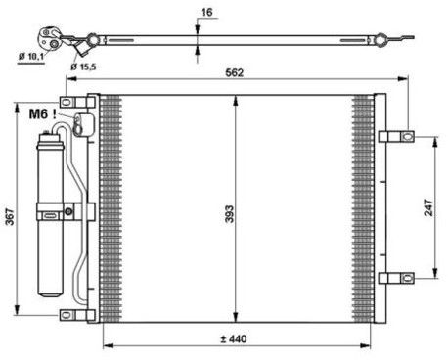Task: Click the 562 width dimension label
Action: pyautogui.click(x=235, y=72)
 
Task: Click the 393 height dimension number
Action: pyautogui.click(x=230, y=214)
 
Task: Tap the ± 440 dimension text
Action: pyautogui.click(x=233, y=339)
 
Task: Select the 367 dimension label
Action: pyautogui.click(x=11, y=217)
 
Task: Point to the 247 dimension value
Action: pyautogui.click(x=428, y=207)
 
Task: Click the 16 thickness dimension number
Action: pyautogui.click(x=206, y=13)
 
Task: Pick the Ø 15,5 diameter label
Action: pyautogui.click(x=83, y=67)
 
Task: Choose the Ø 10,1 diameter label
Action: pyautogui.click(x=31, y=57)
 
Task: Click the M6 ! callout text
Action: pyautogui.click(x=43, y=114)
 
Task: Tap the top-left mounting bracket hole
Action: pyautogui.click(x=67, y=102)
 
